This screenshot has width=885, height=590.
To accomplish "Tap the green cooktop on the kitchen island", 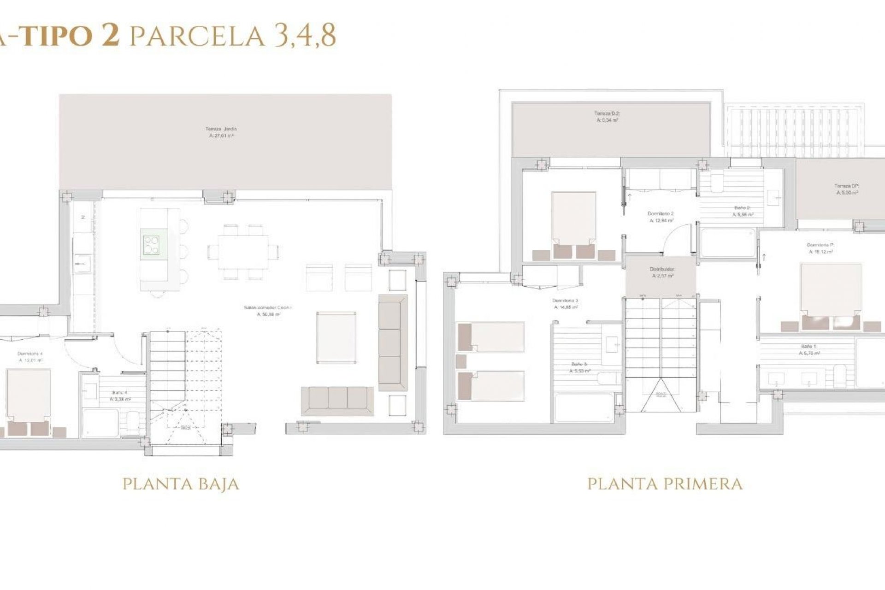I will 151,245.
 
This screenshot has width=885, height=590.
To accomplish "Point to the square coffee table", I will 336,337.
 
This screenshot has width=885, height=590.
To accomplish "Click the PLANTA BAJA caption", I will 181,484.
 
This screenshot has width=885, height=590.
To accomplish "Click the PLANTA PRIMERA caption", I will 665,484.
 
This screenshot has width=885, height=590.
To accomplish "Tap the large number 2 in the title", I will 110,36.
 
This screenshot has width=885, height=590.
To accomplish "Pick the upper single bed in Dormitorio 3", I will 491,337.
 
